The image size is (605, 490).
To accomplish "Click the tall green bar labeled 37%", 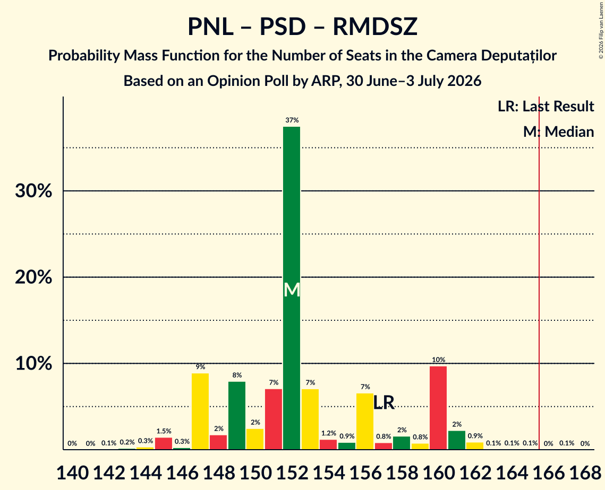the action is coord(292,288).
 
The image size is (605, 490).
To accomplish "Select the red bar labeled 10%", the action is coord(438,408).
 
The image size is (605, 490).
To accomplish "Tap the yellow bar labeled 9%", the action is coord(200,411).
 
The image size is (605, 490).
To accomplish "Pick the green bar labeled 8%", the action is coord(237,415).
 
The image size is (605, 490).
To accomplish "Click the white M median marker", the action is coord(292,290).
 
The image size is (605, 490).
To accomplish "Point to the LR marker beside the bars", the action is coord(384,403).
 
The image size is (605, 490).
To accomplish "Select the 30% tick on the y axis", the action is coord(33,191).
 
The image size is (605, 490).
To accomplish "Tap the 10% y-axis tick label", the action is coord(33,363).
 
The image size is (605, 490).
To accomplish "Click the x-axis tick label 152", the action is coord(292,472).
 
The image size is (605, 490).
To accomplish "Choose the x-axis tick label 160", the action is coord(439,472).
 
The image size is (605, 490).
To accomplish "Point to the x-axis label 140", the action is coord(73,472).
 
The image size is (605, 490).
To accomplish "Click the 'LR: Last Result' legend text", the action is coord(546,106).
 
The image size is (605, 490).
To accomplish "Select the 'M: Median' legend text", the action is coord(558,132).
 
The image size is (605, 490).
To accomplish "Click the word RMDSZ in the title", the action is coord(375,27).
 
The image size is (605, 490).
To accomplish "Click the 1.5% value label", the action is coord(164,431).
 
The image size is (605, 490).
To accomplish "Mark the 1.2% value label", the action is coord(328,433).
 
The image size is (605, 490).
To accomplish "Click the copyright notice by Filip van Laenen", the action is coord(601,30).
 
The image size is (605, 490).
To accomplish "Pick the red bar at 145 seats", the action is coord(164,443).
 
